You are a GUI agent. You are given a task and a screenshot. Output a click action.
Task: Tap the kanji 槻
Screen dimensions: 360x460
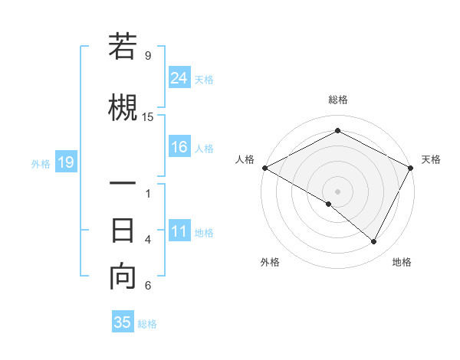[123, 105]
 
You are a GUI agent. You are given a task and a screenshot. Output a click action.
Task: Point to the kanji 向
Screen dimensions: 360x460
[123, 277]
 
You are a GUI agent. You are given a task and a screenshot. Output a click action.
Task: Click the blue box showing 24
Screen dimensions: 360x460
[179, 77]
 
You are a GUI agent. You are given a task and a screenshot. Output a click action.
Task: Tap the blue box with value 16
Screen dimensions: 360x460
[179, 147]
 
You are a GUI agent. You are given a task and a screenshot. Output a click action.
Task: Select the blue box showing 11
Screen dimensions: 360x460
[179, 231]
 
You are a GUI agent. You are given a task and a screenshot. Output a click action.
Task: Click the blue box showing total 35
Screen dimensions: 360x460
[123, 322]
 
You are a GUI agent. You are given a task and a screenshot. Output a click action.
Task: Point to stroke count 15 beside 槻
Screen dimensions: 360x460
[148, 116]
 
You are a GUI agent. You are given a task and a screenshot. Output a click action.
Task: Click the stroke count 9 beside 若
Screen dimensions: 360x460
[148, 55]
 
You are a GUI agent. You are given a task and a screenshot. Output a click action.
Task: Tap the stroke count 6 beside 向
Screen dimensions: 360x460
[148, 286]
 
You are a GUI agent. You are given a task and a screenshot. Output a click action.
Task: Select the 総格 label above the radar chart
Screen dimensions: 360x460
[337, 100]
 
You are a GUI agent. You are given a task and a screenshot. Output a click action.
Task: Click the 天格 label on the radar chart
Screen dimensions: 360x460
[431, 159]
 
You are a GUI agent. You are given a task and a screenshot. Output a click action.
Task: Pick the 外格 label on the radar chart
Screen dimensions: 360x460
[270, 262]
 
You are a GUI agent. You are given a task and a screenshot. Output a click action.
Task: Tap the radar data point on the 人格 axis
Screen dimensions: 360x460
[264, 167]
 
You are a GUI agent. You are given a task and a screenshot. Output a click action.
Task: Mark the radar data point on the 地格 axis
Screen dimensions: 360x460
[374, 242]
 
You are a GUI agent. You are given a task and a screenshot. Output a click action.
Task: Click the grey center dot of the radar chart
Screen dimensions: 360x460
[337, 191]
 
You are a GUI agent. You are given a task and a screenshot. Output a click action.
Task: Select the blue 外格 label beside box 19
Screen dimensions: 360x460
[41, 163]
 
